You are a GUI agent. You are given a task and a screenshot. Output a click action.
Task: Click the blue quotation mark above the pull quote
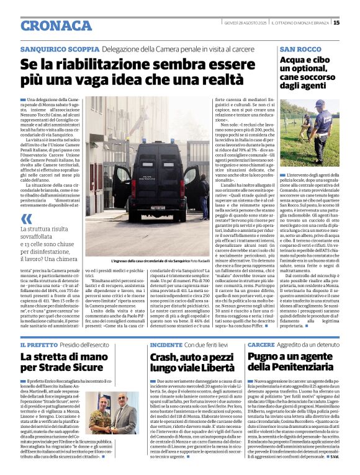(27, 219)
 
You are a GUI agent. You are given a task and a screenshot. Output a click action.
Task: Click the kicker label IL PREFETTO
(40, 345)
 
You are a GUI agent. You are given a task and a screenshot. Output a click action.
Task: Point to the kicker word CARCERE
(261, 345)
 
